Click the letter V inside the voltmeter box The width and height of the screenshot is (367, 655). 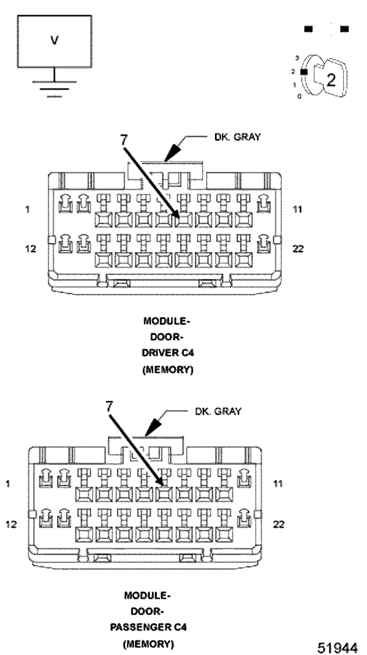54,40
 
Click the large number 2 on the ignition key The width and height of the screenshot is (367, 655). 331,80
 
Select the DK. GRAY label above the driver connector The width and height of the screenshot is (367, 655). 238,137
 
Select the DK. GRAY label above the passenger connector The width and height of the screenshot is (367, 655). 218,411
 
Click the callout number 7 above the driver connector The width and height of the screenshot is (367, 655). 124,140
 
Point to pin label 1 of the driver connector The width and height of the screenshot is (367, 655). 28,209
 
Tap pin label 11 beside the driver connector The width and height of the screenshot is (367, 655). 297,209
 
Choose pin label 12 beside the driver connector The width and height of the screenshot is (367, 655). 31,249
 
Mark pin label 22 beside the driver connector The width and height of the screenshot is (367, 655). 298,249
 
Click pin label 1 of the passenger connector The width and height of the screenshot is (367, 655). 8,483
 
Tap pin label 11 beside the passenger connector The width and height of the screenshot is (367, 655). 278,483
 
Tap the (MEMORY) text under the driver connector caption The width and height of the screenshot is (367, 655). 168,370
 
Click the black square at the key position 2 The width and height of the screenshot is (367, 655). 303,72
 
